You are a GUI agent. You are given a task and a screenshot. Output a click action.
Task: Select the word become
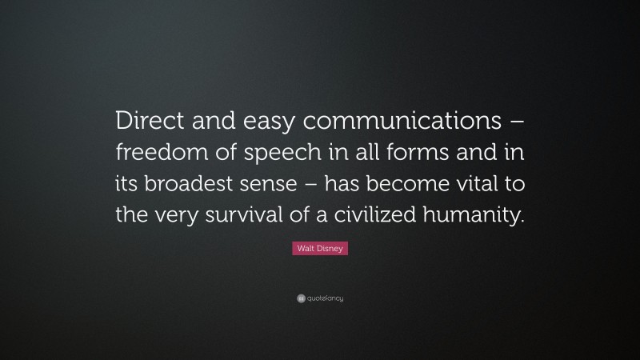(x=436, y=184)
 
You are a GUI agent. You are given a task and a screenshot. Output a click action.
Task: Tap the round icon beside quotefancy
(x=300, y=298)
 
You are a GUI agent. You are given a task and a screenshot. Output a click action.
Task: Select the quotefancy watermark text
(x=325, y=298)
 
